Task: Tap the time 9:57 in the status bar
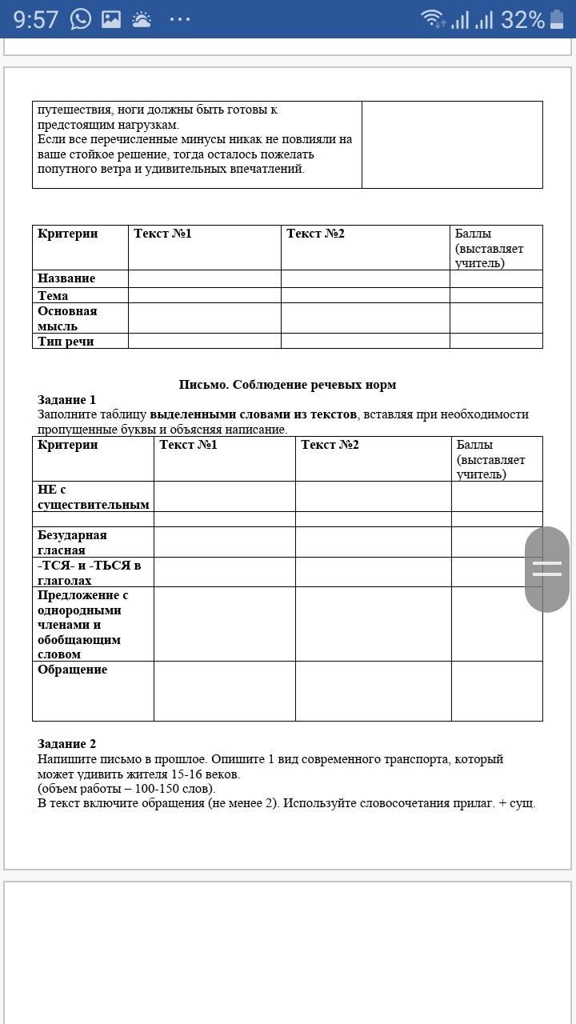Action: tap(36, 19)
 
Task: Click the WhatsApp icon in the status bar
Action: tap(81, 19)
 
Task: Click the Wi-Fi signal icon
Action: tap(433, 18)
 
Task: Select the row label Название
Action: tap(66, 278)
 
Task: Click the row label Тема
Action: tap(53, 295)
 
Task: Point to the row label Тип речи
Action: tap(66, 341)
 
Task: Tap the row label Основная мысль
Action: tap(67, 318)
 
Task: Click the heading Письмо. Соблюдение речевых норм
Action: tap(287, 385)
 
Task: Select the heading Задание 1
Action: tap(66, 400)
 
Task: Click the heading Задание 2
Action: tap(66, 744)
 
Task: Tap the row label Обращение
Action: tap(72, 670)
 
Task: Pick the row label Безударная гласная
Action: tap(72, 542)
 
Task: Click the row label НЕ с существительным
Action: tap(93, 497)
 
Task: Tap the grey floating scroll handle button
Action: tap(547, 569)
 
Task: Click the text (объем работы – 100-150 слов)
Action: tap(126, 789)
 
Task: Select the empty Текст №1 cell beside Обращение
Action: tap(224, 690)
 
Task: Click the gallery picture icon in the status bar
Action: tap(111, 19)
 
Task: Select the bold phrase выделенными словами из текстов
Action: tap(253, 414)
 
